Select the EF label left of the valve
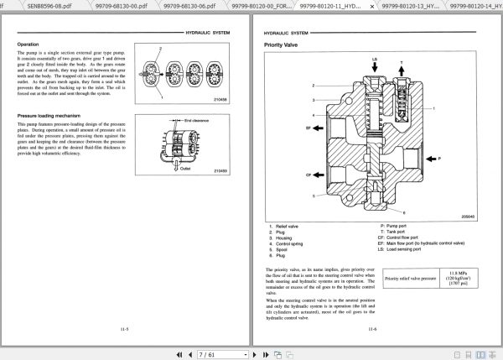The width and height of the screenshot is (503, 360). click(x=285, y=127)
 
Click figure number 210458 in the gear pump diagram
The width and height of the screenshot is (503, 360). click(x=220, y=98)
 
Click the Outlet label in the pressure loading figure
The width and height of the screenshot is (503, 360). click(x=186, y=166)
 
